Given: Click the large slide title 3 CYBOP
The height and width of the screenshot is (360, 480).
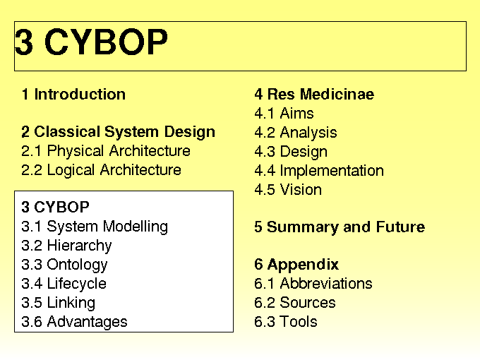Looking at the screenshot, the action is coord(91,42).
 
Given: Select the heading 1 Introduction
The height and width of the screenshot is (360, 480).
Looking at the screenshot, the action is coord(74,95).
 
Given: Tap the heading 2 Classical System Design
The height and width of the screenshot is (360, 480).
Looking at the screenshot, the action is coord(118,132).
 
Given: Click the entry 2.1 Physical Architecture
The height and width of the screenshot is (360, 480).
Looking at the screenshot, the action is coord(106,151).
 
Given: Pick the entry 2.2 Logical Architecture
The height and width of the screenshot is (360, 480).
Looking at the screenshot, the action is coord(102,170).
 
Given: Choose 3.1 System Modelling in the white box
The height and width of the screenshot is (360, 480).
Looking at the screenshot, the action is coord(95,227).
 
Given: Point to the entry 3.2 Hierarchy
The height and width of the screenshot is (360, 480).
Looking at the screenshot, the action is coord(67,246).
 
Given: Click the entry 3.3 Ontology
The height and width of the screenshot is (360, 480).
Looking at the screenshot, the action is coord(65,265).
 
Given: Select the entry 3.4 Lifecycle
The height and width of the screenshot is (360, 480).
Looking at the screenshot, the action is coord(64,284).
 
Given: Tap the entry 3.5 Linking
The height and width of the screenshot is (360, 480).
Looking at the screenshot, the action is coord(59,303).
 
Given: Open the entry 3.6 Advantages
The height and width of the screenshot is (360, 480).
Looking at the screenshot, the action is coord(74,322).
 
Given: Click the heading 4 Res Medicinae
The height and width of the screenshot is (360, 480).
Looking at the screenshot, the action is coord(314,95).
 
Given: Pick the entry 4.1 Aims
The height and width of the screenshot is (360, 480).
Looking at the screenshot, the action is coord(284,113).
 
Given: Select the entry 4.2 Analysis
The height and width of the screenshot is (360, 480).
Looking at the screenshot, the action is coord(296,133).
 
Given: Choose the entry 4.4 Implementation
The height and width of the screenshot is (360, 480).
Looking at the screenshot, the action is coord(319,171).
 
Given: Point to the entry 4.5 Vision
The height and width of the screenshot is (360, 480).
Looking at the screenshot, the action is coord(288,190).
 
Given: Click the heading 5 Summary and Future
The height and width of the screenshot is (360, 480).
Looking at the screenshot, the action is coord(340,227).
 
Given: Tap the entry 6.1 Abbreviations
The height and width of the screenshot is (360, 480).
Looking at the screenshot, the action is coord(313,284).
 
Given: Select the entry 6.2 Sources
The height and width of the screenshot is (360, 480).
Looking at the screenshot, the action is coord(295,303).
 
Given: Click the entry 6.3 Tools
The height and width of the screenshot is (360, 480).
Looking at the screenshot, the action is coord(286,322).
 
